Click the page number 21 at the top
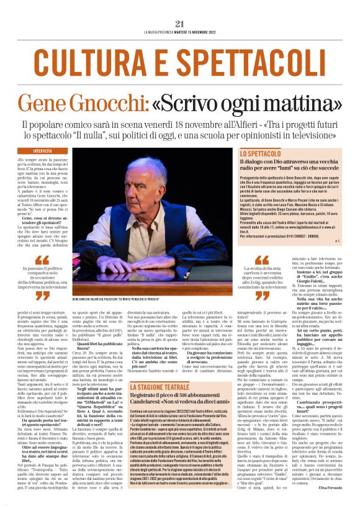pyautogui.click(x=180, y=24)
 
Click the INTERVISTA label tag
pyautogui.click(x=43, y=151)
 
